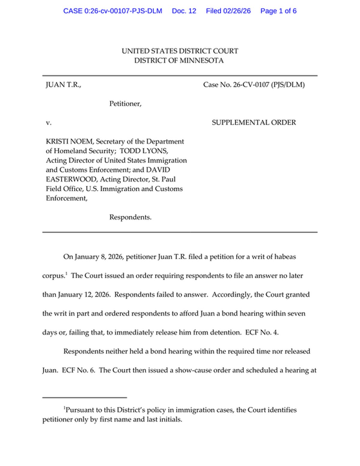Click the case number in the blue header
tap(112, 11)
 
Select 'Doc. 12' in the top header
tap(184, 11)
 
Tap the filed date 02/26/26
tap(237, 11)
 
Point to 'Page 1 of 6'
tap(278, 11)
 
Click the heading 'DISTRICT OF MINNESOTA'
tap(179, 61)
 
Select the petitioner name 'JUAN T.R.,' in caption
tap(63, 85)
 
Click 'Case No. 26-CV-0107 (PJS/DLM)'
tap(254, 85)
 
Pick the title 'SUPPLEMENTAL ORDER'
tap(254, 123)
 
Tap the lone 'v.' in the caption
tap(49, 123)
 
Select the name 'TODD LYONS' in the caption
tap(143, 151)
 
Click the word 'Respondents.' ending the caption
tap(130, 217)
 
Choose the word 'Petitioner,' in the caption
tap(125, 104)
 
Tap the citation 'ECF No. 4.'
tap(262, 333)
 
